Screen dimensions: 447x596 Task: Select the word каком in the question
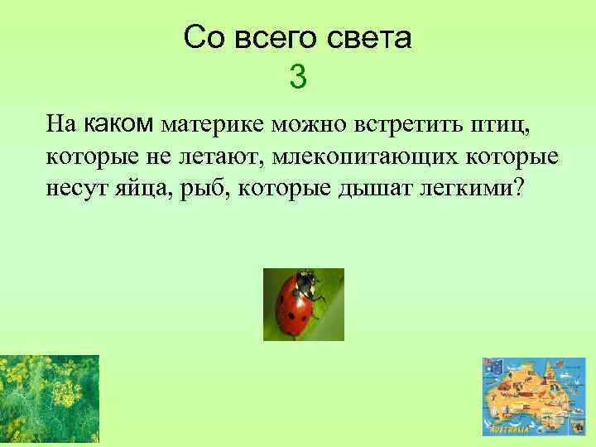(119, 125)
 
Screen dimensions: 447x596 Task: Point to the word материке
(212, 126)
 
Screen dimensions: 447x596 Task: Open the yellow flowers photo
(49, 400)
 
